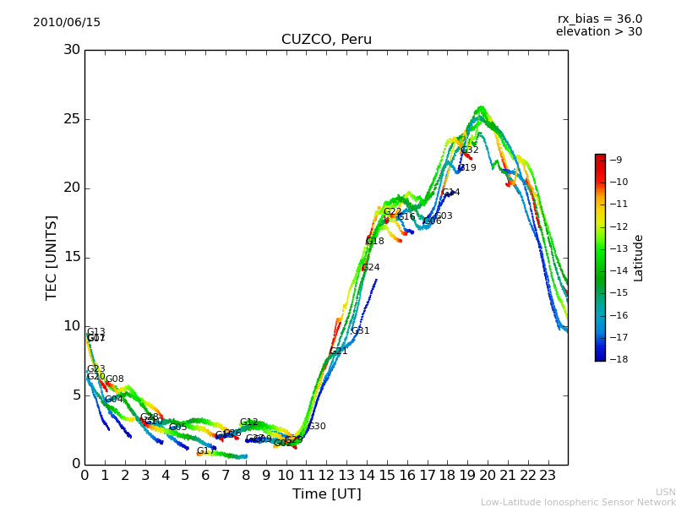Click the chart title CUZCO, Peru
point(326,40)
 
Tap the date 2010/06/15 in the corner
point(67,22)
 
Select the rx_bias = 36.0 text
point(599,19)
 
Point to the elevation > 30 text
point(598,32)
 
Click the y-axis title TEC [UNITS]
point(52,257)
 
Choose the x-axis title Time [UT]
point(326,493)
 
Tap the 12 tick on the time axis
point(326,475)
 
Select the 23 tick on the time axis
point(548,475)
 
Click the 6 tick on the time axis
point(205,475)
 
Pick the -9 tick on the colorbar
point(615,160)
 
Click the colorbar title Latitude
point(639,257)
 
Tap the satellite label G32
point(470,150)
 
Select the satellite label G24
point(370,268)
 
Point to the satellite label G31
point(361,331)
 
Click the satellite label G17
point(205,451)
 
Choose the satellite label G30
point(317,427)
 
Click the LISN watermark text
point(665,492)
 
